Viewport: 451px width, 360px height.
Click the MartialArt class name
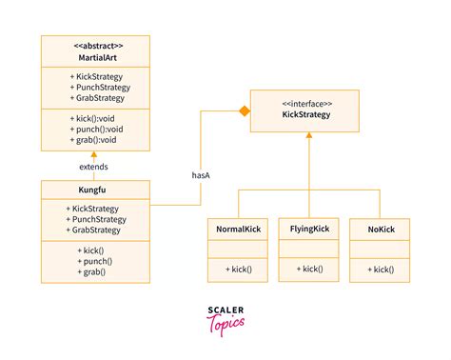[x=95, y=56]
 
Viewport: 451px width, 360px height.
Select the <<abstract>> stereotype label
[x=95, y=45]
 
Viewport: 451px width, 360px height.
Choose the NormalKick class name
[x=237, y=230]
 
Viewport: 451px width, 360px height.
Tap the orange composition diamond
[x=244, y=111]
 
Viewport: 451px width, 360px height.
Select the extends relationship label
[x=93, y=167]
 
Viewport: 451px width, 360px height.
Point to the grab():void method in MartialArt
[x=92, y=140]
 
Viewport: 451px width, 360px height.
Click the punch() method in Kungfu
[x=93, y=260]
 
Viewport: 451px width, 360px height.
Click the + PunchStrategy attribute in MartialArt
[x=98, y=87]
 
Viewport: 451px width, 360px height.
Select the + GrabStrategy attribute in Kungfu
[x=98, y=230]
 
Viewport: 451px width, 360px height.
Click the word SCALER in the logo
[x=225, y=310]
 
